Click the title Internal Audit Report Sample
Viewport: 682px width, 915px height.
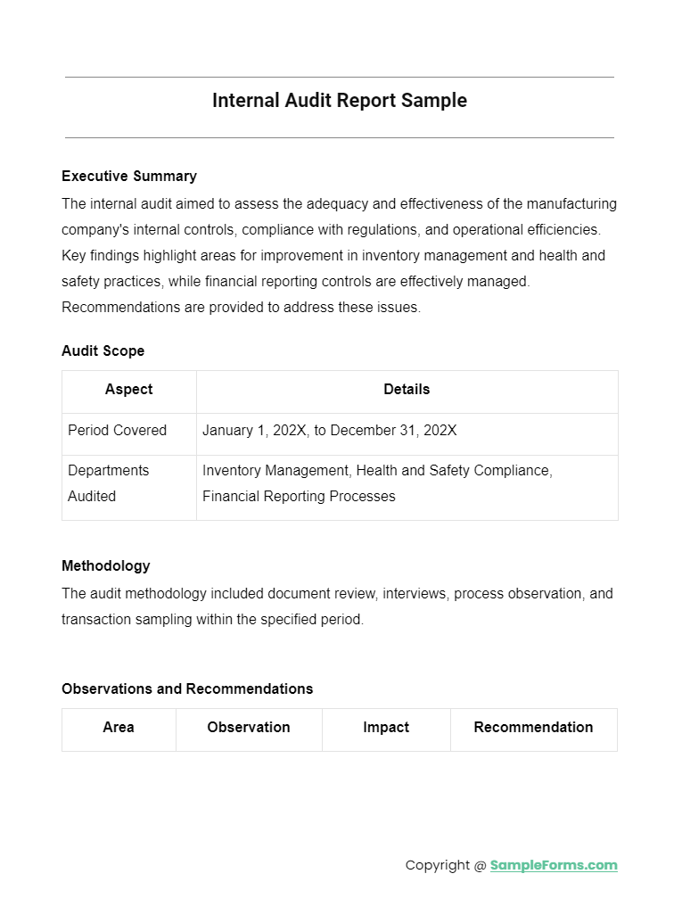(x=339, y=101)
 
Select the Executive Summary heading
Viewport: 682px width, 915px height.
(x=129, y=176)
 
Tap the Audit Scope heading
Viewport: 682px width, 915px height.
(x=103, y=350)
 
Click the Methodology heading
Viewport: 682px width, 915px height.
(x=105, y=565)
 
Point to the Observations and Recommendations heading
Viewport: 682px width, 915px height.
(x=187, y=688)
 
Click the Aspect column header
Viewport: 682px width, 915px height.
(x=128, y=389)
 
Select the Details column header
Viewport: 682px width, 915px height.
(x=407, y=389)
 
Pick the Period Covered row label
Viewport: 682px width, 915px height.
(x=117, y=430)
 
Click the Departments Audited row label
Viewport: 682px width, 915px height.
(x=108, y=482)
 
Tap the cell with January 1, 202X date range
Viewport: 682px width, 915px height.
(x=329, y=430)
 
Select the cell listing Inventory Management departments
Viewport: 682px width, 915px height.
(x=377, y=482)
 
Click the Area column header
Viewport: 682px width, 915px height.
(x=119, y=727)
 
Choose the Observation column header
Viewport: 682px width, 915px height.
(x=249, y=727)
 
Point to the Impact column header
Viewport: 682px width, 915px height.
(x=386, y=727)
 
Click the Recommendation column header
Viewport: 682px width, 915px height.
(x=533, y=727)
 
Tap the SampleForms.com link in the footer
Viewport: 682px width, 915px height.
(x=554, y=865)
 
